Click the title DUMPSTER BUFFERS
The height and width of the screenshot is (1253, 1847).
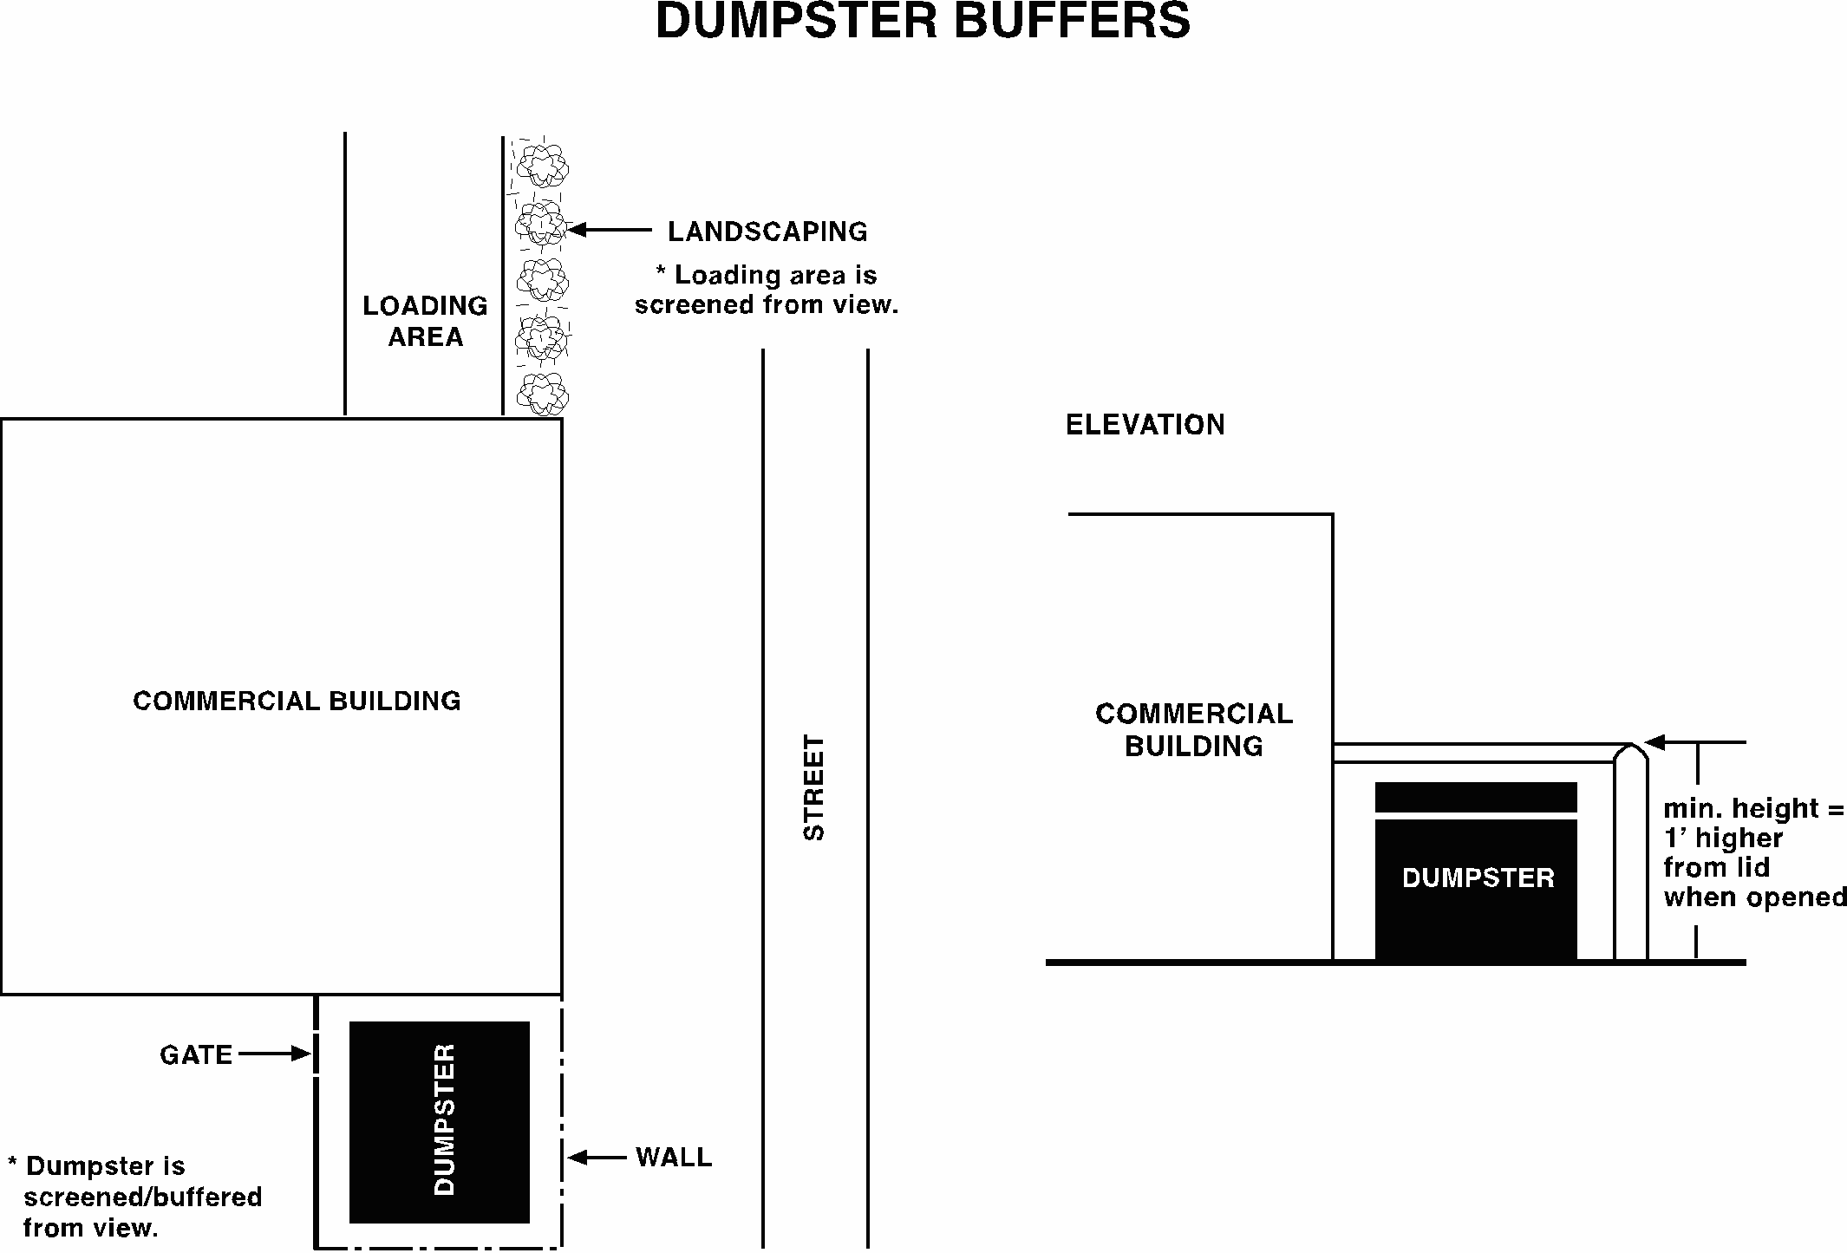point(923,21)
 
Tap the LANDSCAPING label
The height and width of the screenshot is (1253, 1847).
point(767,232)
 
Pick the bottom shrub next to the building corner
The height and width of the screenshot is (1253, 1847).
point(543,395)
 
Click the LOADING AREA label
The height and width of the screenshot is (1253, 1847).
point(425,321)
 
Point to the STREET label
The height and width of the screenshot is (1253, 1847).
point(814,787)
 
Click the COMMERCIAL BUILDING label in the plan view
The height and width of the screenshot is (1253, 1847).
point(297,701)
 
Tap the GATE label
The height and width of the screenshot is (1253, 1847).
point(196,1054)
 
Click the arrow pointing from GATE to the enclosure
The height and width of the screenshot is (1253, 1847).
point(274,1054)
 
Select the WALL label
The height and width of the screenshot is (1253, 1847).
point(674,1157)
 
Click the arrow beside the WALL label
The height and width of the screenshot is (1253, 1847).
point(597,1157)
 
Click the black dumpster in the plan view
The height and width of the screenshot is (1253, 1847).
point(440,1122)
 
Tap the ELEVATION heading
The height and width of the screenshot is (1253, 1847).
point(1145,425)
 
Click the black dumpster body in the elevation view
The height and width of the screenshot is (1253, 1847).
point(1476,889)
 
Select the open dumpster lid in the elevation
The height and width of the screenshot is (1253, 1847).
point(1476,797)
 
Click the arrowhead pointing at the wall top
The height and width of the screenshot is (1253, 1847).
point(1654,742)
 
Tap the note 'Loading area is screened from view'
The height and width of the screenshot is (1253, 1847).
point(767,290)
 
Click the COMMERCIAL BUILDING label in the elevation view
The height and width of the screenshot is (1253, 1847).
point(1194,729)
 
